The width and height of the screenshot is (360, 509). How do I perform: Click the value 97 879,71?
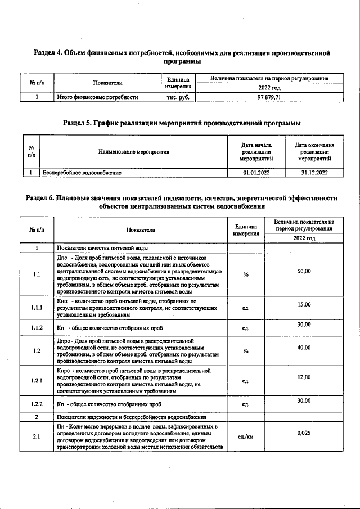(269, 97)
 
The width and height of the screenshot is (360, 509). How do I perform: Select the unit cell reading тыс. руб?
(177, 97)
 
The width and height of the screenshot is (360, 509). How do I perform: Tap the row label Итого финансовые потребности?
(98, 97)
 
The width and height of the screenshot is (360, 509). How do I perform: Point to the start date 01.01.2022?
(256, 173)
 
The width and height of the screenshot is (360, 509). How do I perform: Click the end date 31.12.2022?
(314, 173)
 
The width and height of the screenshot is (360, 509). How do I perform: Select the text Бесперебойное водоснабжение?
(82, 173)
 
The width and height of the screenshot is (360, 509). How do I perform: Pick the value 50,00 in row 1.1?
(304, 272)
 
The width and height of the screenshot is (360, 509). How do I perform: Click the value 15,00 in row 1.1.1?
(304, 304)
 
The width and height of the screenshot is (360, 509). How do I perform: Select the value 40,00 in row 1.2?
(304, 348)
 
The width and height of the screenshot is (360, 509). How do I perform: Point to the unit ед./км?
(246, 436)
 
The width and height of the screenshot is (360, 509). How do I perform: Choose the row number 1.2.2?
(37, 404)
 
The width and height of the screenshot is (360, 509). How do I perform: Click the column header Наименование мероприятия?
(133, 152)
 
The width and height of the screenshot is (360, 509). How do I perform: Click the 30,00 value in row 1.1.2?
(304, 324)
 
